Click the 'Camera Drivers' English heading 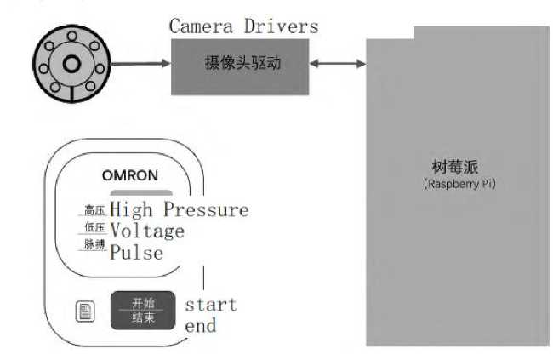pos(243,26)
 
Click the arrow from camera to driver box pos(140,64)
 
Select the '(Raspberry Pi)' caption pos(459,184)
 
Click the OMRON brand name pos(129,176)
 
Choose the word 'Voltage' pos(147,231)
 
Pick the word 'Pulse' pos(137,252)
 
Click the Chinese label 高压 pos(93,210)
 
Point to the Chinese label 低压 pos(93,229)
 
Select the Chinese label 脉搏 pos(93,245)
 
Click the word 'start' pos(211,305)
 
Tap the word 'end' pos(201,325)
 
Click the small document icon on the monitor pos(86,311)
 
